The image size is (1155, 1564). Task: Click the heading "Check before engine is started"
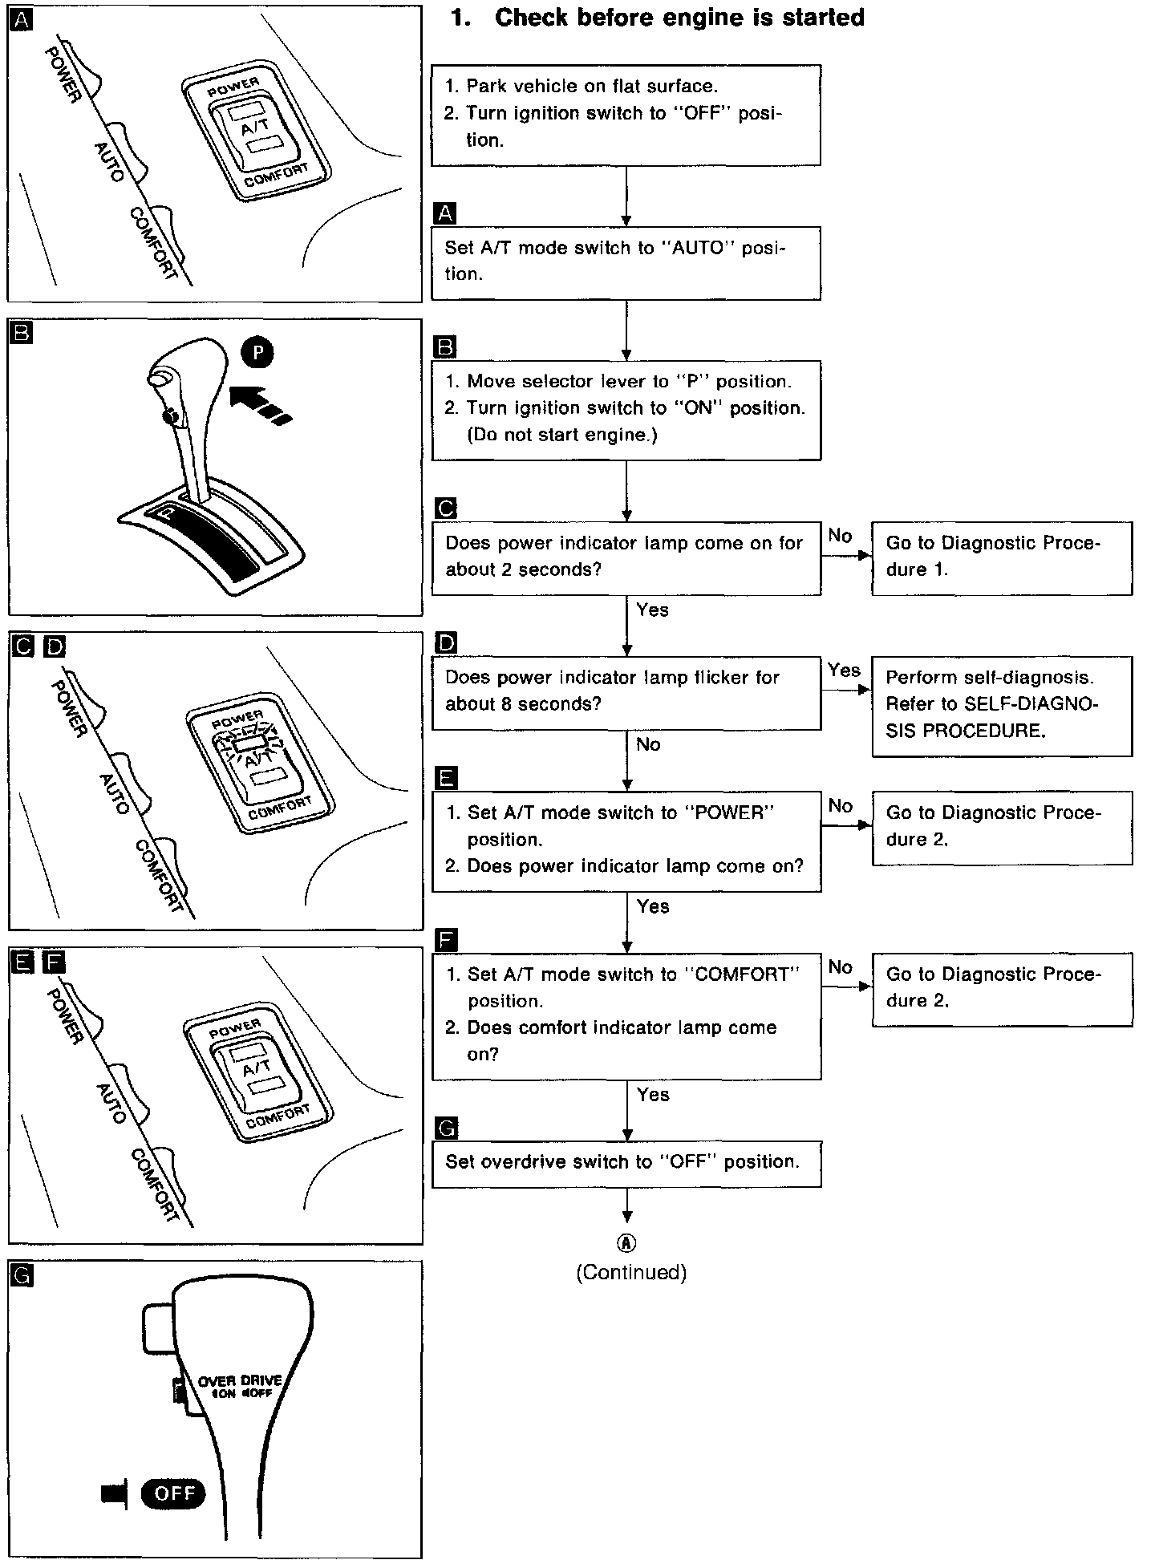click(x=679, y=18)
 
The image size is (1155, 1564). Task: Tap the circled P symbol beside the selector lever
click(x=257, y=352)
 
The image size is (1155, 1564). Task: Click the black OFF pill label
click(x=173, y=1493)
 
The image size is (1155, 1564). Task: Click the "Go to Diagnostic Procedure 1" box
click(x=1002, y=557)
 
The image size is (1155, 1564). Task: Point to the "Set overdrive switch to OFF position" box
click(x=626, y=1163)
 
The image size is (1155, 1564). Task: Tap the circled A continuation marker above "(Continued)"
click(x=626, y=1243)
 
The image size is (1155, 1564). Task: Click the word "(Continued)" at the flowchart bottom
click(x=631, y=1272)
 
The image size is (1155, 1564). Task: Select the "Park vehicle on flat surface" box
click(x=626, y=114)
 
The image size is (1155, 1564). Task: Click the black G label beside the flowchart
click(x=445, y=1128)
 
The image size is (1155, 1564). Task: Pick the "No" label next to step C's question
click(x=840, y=536)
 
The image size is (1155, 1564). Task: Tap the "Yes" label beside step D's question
click(x=844, y=671)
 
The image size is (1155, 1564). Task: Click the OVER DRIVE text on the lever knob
click(x=240, y=1380)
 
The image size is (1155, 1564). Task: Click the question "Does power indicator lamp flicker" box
click(x=626, y=691)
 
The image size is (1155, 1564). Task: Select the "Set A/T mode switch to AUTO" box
click(x=626, y=262)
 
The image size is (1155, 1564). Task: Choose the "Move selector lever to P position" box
click(x=626, y=409)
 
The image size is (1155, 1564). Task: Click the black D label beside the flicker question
click(x=445, y=642)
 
